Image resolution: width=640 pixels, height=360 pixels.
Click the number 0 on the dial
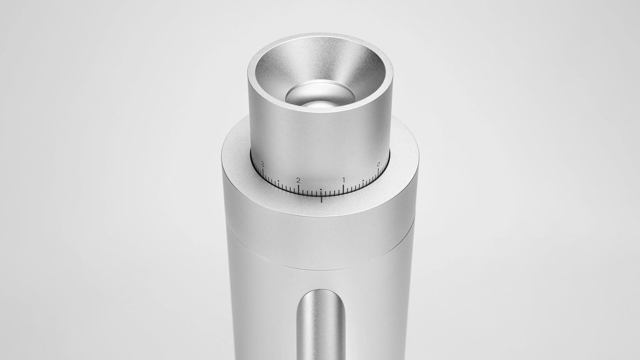tap(378, 164)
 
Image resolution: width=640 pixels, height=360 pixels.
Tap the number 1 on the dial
tap(344, 180)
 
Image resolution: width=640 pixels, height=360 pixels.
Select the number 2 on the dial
tap(298, 180)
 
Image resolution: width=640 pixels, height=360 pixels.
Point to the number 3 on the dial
tap(262, 164)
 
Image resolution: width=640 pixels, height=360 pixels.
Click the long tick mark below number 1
tap(343, 189)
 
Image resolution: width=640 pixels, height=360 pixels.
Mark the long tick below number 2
tap(298, 189)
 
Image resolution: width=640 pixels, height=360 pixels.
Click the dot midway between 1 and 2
tap(321, 190)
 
